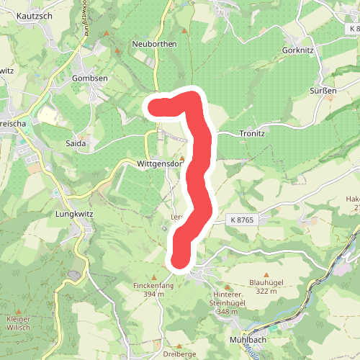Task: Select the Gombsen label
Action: pyautogui.click(x=90, y=78)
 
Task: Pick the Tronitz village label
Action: pyautogui.click(x=252, y=134)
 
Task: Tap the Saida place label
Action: pyautogui.click(x=76, y=143)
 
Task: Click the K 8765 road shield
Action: pyautogui.click(x=243, y=219)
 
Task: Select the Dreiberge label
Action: pyautogui.click(x=180, y=355)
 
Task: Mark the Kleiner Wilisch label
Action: pyautogui.click(x=18, y=323)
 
